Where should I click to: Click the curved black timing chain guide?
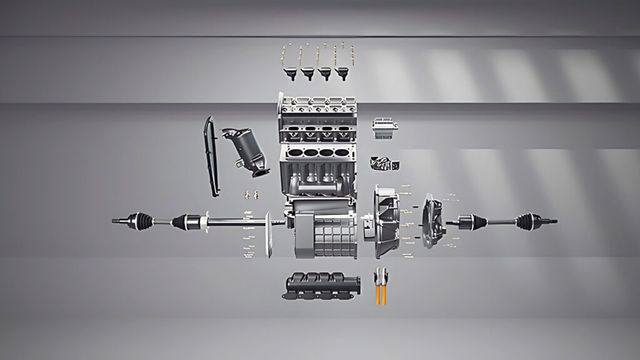click(x=210, y=155)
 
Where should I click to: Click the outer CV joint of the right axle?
click(x=526, y=220)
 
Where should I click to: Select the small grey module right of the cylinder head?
click(x=386, y=127)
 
